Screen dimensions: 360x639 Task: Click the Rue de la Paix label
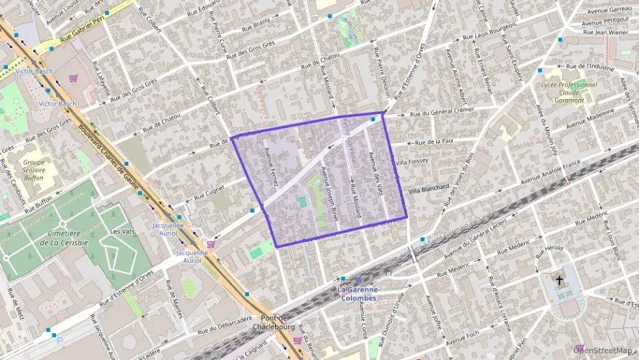pyautogui.click(x=433, y=141)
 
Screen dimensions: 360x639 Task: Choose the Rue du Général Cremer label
pyautogui.click(x=442, y=111)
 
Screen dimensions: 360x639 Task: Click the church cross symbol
pyautogui.click(x=560, y=280)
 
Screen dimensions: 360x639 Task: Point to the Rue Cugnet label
pyautogui.click(x=209, y=193)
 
